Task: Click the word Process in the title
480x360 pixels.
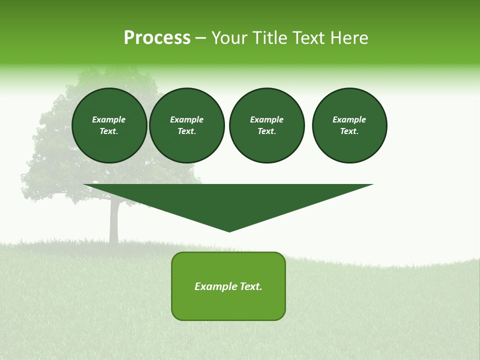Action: [157, 38]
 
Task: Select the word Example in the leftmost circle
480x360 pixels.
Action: [109, 119]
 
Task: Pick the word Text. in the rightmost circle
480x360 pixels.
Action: [349, 131]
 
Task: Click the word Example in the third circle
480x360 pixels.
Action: [266, 119]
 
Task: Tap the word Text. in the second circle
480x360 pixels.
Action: [187, 131]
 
